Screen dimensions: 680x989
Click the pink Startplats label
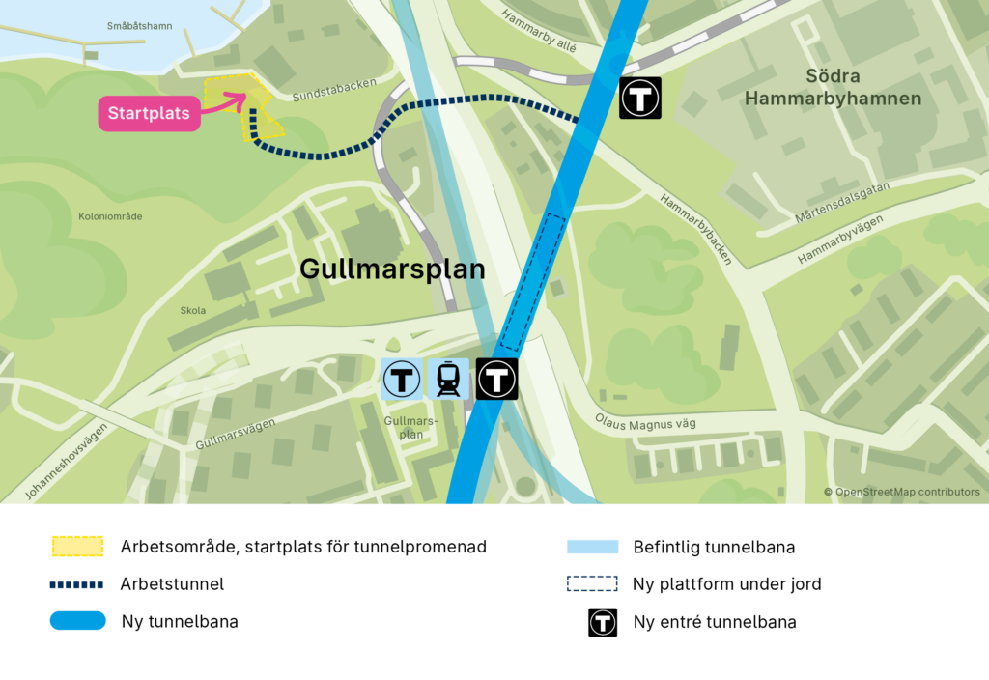pyautogui.click(x=149, y=114)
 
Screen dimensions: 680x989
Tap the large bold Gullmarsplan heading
pyautogui.click(x=392, y=269)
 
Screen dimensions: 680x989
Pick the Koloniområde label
pyautogui.click(x=110, y=216)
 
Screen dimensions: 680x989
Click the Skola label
pyautogui.click(x=193, y=311)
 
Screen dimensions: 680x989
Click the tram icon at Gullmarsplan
pyautogui.click(x=448, y=379)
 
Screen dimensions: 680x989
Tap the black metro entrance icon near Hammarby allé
pyautogui.click(x=639, y=98)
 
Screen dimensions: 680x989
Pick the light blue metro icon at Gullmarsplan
pyautogui.click(x=401, y=379)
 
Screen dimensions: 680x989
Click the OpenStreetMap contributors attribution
pyautogui.click(x=901, y=493)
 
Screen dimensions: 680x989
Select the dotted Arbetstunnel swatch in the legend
pyautogui.click(x=77, y=584)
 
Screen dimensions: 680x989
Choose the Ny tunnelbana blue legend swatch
pyautogui.click(x=77, y=621)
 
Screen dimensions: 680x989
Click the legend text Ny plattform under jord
pyautogui.click(x=726, y=584)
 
